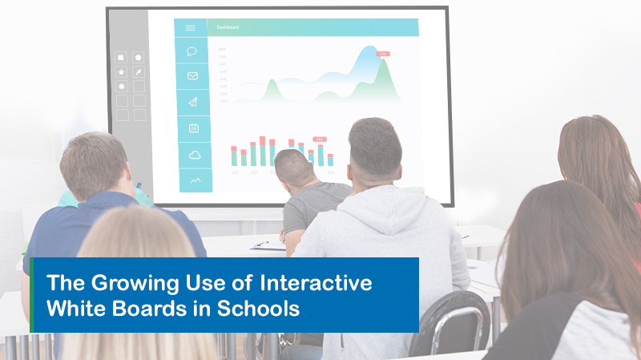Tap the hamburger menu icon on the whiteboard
190,27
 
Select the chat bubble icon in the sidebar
192,51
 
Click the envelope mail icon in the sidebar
192,76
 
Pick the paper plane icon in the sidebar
192,102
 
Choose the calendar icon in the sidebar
193,127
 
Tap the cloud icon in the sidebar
193,155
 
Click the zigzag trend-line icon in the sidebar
195,180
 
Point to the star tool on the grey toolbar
121,72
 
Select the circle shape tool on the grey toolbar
139,57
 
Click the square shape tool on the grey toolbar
121,57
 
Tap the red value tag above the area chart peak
383,54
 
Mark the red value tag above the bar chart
320,139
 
